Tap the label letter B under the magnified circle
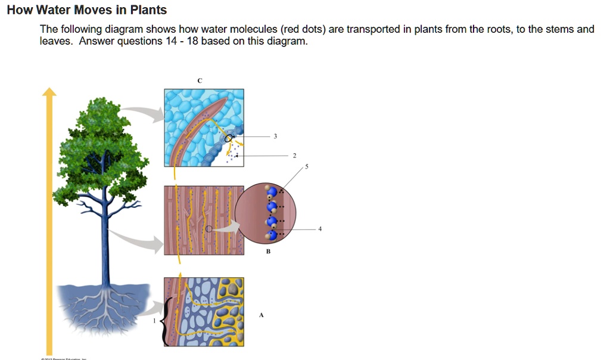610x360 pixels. coord(268,252)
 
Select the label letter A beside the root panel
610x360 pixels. coord(260,316)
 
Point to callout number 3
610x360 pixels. coord(275,136)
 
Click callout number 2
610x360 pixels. coord(294,156)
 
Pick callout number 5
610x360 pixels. coord(307,167)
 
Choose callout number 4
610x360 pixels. coord(320,229)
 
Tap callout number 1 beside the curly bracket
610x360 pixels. coord(155,321)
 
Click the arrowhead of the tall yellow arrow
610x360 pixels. coord(49,92)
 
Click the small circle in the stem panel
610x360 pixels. coord(208,229)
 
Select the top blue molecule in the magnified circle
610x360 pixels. coord(272,192)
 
